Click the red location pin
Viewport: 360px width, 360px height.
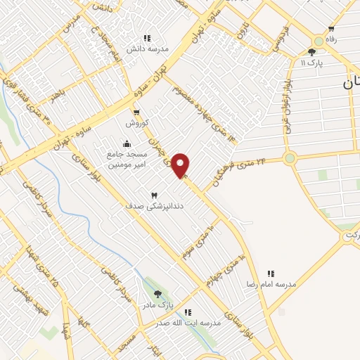pyautogui.click(x=181, y=165)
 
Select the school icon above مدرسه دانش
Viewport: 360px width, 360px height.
pyautogui.click(x=147, y=38)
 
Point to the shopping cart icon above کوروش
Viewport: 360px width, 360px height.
pyautogui.click(x=136, y=112)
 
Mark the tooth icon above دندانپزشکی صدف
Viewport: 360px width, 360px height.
pyautogui.click(x=155, y=194)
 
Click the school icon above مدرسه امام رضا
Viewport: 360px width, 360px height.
pyautogui.click(x=270, y=273)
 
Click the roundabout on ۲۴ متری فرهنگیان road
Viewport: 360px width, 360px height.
pyautogui.click(x=290, y=158)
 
